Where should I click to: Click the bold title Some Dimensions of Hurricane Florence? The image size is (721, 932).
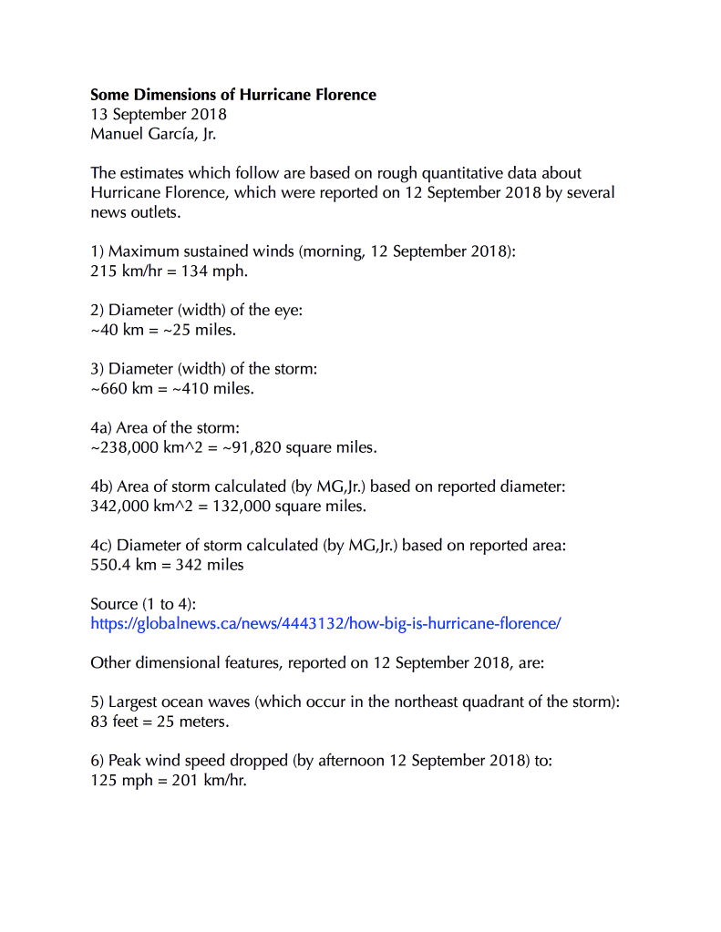click(x=232, y=95)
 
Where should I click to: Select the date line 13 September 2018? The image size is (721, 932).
click(x=159, y=115)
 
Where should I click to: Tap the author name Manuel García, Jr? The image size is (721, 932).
click(x=154, y=134)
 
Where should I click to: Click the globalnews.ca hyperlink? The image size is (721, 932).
click(x=325, y=624)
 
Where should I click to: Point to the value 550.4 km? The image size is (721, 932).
click(x=127, y=565)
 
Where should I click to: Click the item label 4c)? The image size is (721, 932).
click(x=100, y=546)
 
